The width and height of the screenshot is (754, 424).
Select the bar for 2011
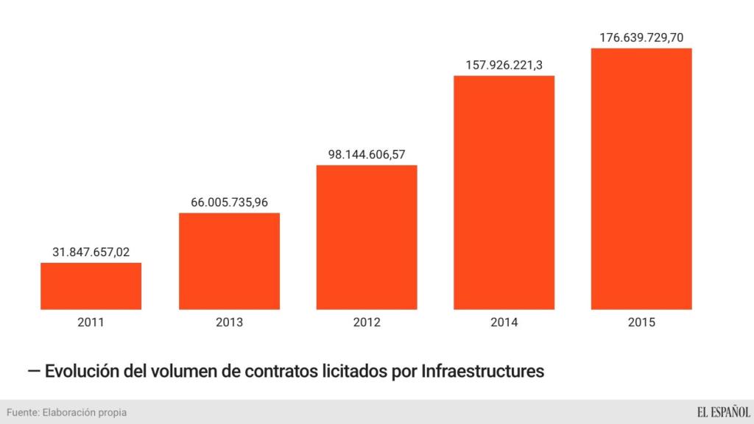pos(91,286)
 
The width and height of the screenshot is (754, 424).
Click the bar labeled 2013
pos(229,261)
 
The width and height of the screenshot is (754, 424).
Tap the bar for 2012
pos(367,236)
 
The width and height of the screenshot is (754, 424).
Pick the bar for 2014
pos(504,192)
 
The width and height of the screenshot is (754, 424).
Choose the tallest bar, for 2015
pos(641,178)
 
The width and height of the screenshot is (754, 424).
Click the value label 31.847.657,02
pos(91,252)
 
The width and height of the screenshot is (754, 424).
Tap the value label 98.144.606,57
pos(367,154)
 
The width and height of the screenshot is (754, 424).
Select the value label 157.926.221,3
pos(504,65)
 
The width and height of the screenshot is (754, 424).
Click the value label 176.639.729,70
pos(641,37)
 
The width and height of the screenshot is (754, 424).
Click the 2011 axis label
pos(91,322)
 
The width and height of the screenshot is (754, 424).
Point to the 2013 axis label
pos(229,322)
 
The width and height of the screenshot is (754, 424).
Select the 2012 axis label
pos(367,322)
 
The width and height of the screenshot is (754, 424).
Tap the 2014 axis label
pos(504,322)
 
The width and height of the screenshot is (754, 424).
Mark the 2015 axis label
pos(641,322)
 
